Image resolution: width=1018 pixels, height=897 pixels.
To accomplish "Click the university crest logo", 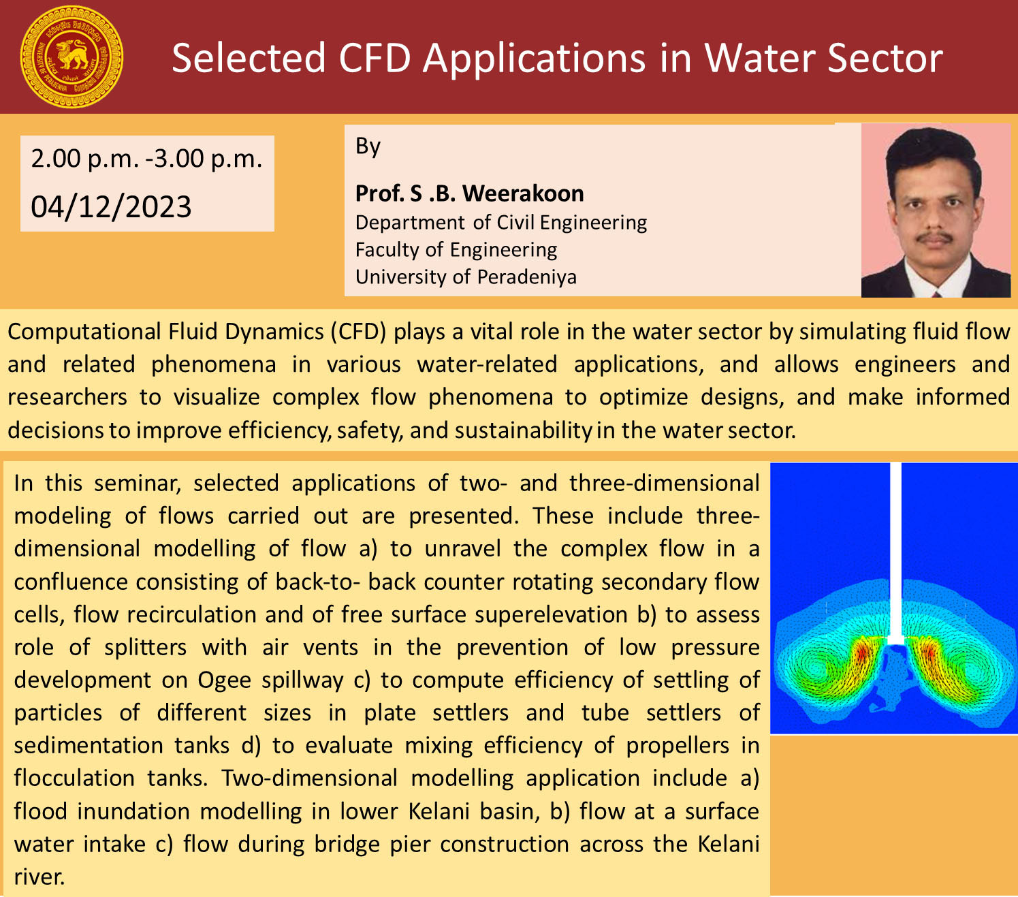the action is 72,57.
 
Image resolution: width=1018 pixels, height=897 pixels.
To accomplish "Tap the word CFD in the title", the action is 375,59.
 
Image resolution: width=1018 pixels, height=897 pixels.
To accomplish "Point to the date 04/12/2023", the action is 111,206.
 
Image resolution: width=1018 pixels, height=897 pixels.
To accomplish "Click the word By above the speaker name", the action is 368,146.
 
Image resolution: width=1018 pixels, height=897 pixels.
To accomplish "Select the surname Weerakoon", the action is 522,193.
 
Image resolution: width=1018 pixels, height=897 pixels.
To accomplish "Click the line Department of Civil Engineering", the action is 501,223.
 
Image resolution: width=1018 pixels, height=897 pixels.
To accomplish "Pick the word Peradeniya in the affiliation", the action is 526,277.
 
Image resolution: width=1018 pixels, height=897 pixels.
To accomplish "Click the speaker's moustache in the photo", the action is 934,237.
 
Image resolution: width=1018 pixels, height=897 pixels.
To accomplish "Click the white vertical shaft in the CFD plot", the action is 895,553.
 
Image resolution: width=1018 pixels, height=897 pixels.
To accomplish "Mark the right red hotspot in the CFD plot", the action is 929,652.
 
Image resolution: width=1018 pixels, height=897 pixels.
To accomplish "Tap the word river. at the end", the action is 39,877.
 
